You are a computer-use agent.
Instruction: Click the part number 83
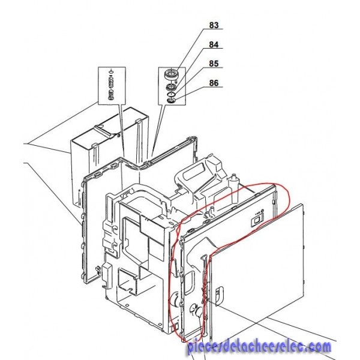pos(214,25)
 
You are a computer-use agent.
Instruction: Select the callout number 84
pos(214,44)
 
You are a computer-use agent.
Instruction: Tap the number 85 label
pos(214,64)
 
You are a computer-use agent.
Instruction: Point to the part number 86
pos(214,83)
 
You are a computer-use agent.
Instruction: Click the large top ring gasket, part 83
pos(171,74)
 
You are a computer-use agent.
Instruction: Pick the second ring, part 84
pos(171,87)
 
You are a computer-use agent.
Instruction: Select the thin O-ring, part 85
pos(171,94)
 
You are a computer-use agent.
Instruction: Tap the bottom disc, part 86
pos(171,100)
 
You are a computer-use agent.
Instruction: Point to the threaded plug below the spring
pos(111,94)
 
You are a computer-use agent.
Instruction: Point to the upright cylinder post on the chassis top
pos(233,188)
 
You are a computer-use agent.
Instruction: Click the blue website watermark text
pos(259,347)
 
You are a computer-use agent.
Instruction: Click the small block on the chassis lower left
pos(107,276)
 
